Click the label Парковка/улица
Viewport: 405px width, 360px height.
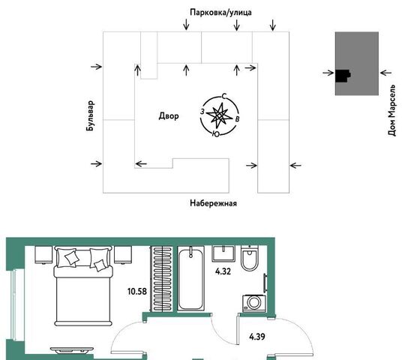(220, 13)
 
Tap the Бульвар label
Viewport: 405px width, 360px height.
(91, 115)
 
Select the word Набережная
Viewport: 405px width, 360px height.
(213, 203)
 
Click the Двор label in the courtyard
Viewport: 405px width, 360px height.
(169, 116)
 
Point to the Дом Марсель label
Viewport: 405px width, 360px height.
(391, 110)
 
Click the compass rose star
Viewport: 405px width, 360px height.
(220, 115)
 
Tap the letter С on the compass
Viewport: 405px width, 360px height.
(224, 97)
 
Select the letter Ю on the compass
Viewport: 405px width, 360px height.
(216, 133)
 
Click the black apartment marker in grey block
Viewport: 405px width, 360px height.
(343, 76)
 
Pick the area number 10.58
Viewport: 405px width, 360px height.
(137, 292)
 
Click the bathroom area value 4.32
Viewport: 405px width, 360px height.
(223, 271)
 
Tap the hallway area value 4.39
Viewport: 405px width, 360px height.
(257, 337)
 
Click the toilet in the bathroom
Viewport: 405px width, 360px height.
(250, 258)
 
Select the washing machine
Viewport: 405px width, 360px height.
(254, 303)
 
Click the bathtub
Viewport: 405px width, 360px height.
(191, 278)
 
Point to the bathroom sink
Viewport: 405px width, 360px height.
(223, 253)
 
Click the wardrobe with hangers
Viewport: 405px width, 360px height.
(162, 279)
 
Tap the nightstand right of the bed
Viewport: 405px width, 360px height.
(123, 255)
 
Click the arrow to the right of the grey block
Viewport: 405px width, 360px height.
(386, 73)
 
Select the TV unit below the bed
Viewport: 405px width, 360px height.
(72, 350)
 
